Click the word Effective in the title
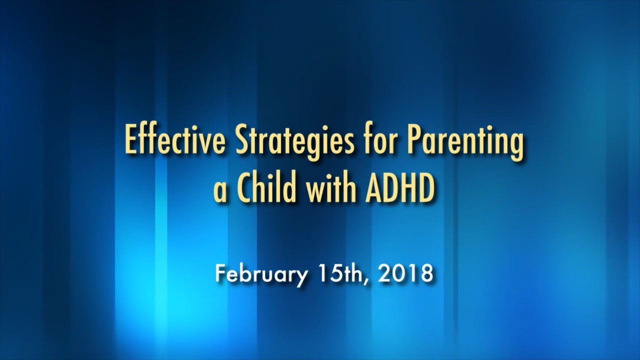tap(175, 140)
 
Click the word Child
tap(266, 187)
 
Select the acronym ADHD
tap(400, 187)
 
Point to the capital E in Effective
tap(130, 140)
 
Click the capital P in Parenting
tap(417, 140)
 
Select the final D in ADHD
tap(426, 187)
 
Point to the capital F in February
tap(221, 273)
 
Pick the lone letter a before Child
tap(220, 192)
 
